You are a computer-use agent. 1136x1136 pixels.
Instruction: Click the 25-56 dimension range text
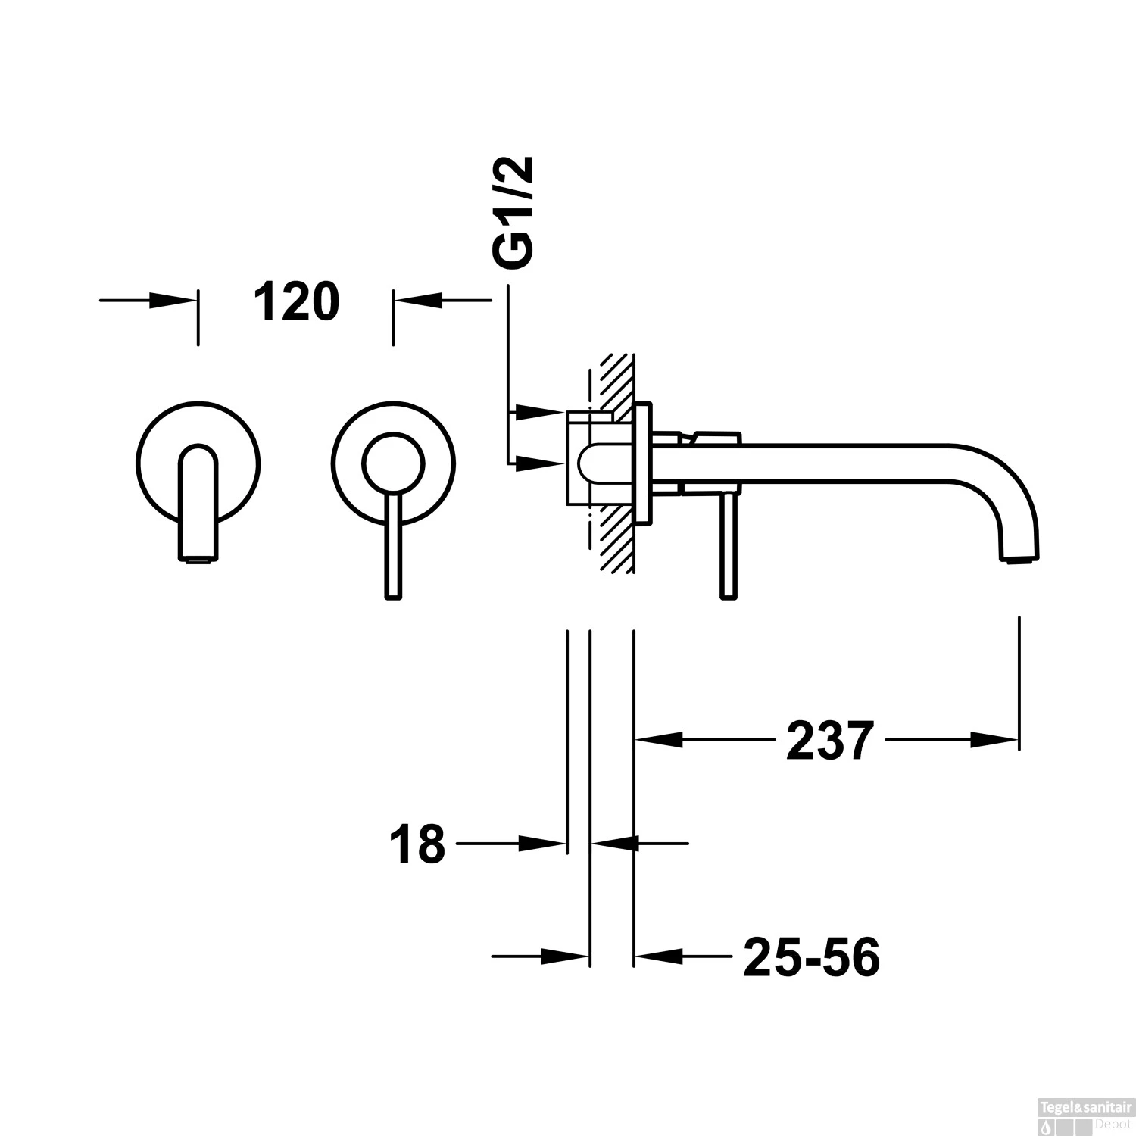coord(811,958)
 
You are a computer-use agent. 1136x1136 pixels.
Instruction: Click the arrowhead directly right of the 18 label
coord(543,842)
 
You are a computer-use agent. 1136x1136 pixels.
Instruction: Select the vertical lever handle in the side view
coord(728,549)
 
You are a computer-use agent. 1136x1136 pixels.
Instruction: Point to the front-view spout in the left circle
coord(198,504)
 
